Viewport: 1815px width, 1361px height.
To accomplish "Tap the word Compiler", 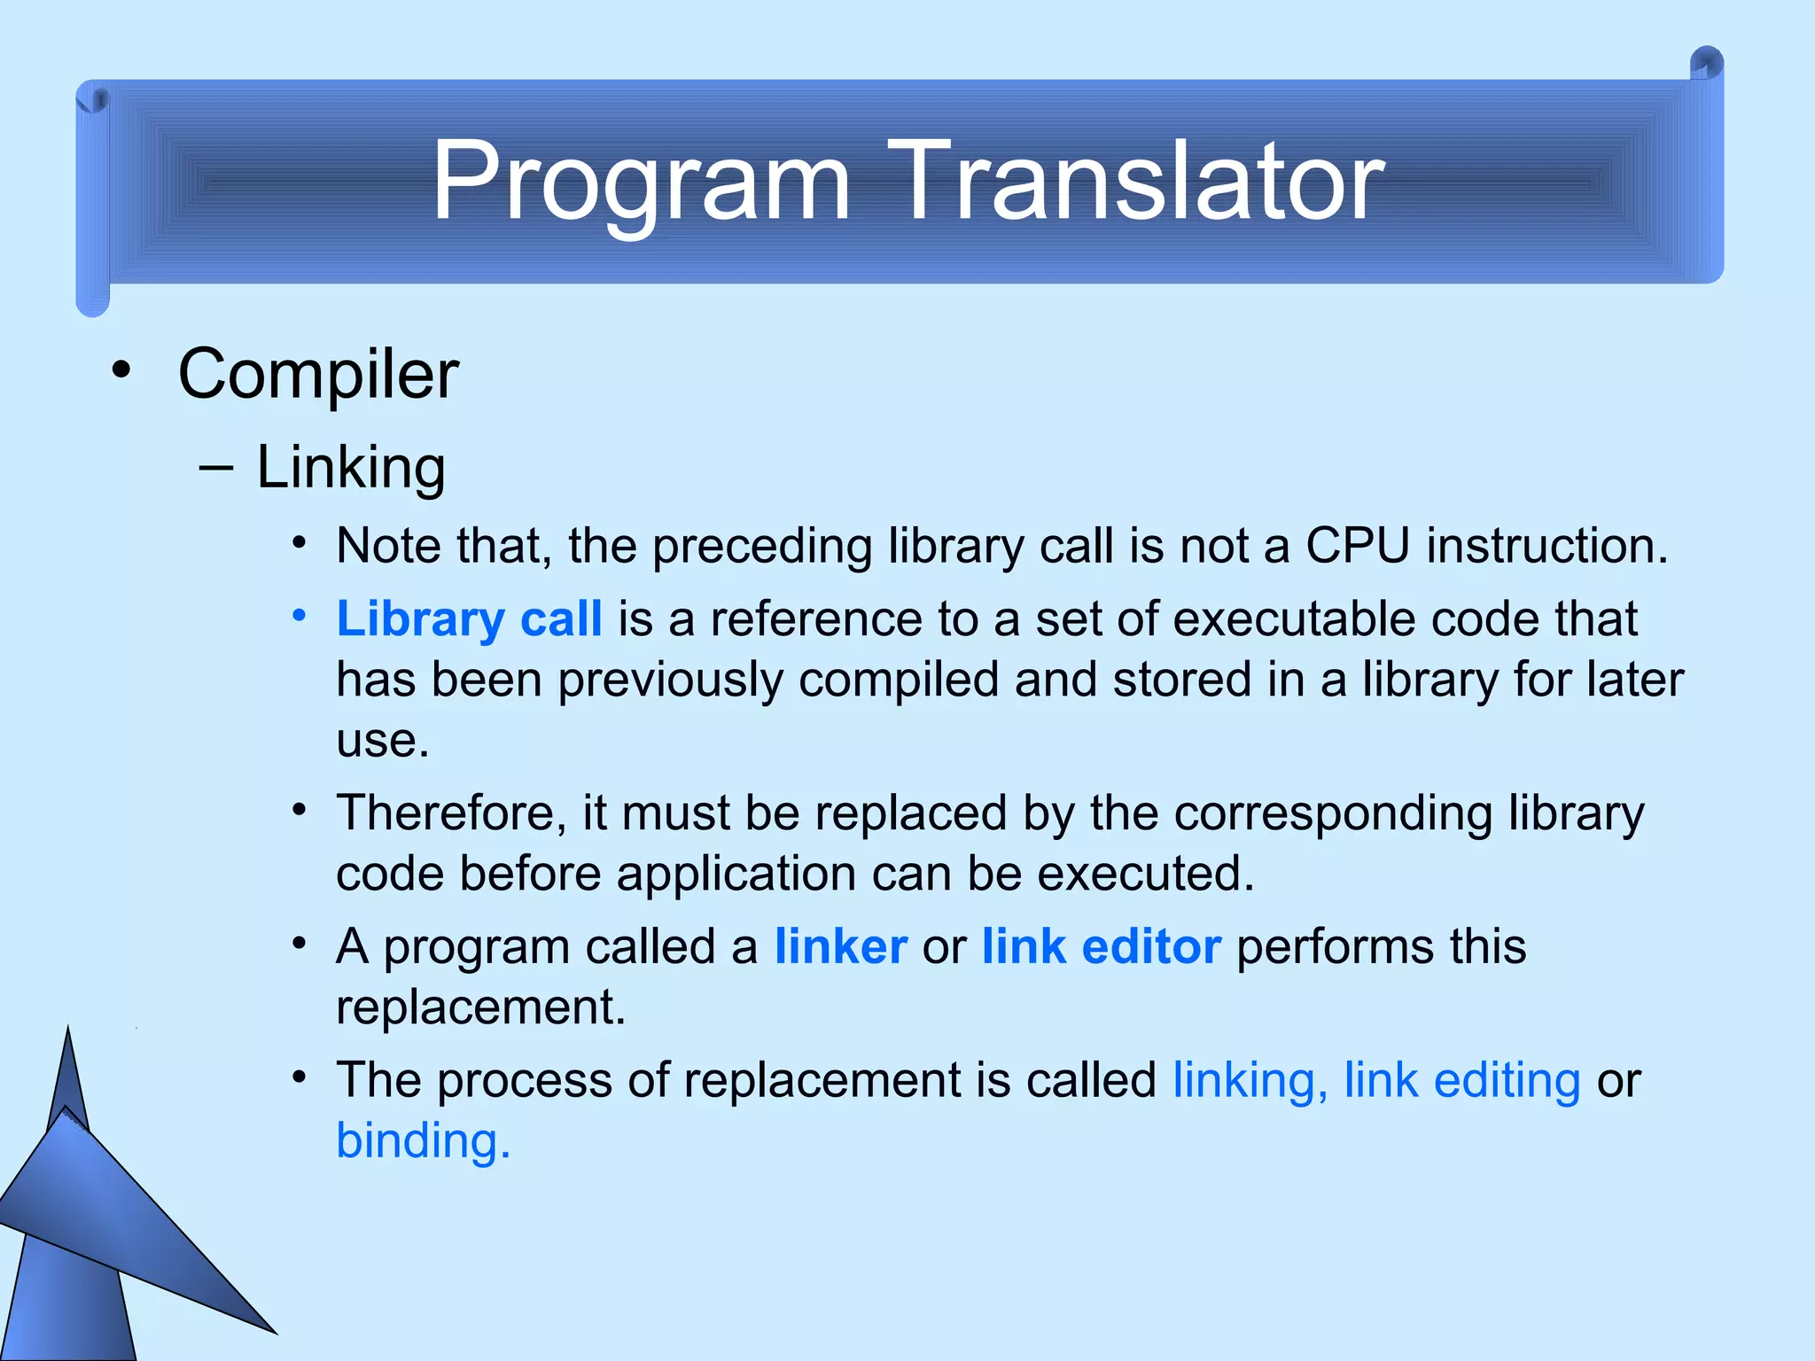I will pos(318,374).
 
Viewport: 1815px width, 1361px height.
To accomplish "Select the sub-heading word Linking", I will pos(350,467).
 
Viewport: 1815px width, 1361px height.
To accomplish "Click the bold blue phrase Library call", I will pos(469,618).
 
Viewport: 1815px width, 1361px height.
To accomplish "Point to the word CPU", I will pos(1357,545).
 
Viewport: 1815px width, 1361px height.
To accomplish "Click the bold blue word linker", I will pos(840,946).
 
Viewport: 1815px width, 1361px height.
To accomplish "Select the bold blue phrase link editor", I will pos(1102,946).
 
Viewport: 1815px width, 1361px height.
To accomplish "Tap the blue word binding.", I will pos(423,1140).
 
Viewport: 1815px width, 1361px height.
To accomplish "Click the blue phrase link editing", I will pos(1462,1080).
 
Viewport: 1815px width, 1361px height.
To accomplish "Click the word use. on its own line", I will pos(383,741).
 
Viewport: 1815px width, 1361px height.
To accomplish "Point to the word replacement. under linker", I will pos(480,1007).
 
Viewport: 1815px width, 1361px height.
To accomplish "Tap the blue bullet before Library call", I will pos(300,615).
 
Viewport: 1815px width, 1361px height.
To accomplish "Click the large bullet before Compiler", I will pos(121,371).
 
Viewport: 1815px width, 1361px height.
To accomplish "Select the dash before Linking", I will pos(216,467).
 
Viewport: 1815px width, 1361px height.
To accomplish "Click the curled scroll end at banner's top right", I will pos(1706,64).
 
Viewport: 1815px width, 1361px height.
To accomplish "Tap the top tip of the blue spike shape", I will pos(68,1030).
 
